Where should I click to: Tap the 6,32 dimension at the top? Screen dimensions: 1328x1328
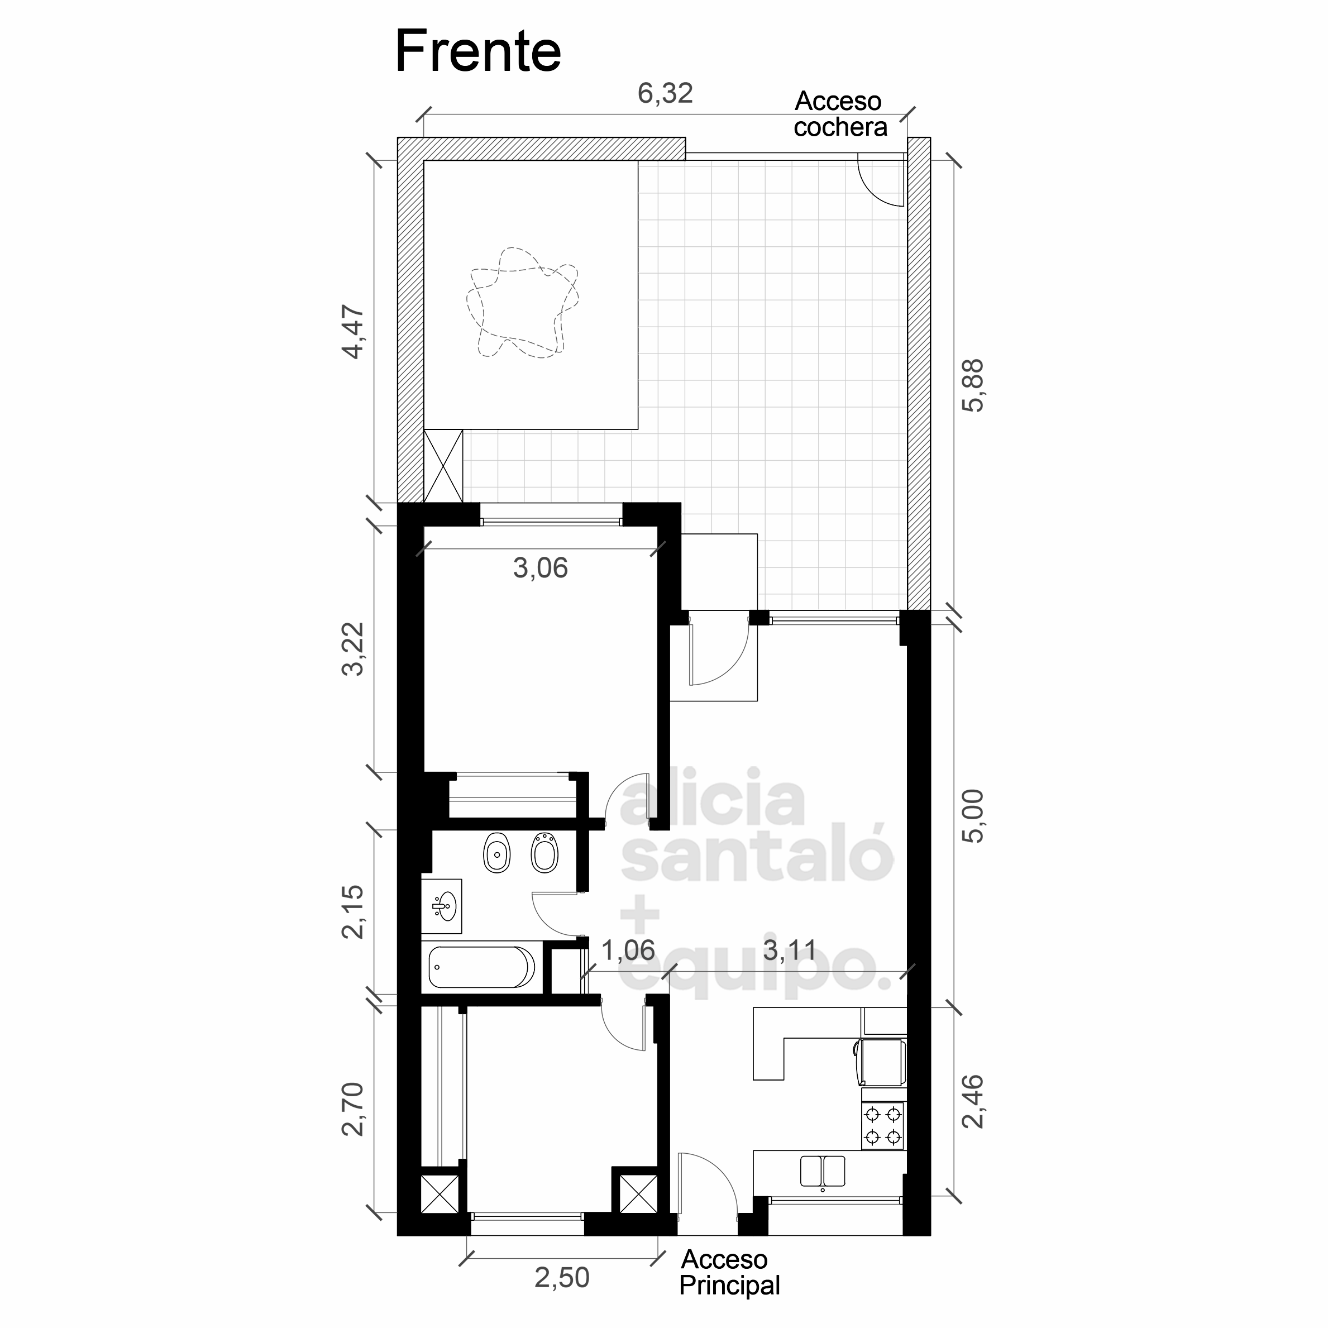click(665, 93)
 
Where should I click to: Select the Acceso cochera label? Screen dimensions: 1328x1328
click(840, 113)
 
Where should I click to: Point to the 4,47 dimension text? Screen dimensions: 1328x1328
click(354, 331)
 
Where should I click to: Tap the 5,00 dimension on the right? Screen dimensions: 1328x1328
click(973, 815)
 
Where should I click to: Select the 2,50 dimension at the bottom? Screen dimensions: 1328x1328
click(562, 1277)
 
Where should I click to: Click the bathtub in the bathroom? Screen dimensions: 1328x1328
click(481, 967)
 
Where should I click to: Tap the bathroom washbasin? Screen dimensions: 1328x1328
click(441, 906)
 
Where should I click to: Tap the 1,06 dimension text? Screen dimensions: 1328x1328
click(628, 950)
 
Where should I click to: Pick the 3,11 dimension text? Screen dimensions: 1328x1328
click(790, 950)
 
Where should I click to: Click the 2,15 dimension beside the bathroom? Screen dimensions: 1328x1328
click(354, 911)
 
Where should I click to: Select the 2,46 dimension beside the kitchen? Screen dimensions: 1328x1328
click(973, 1101)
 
